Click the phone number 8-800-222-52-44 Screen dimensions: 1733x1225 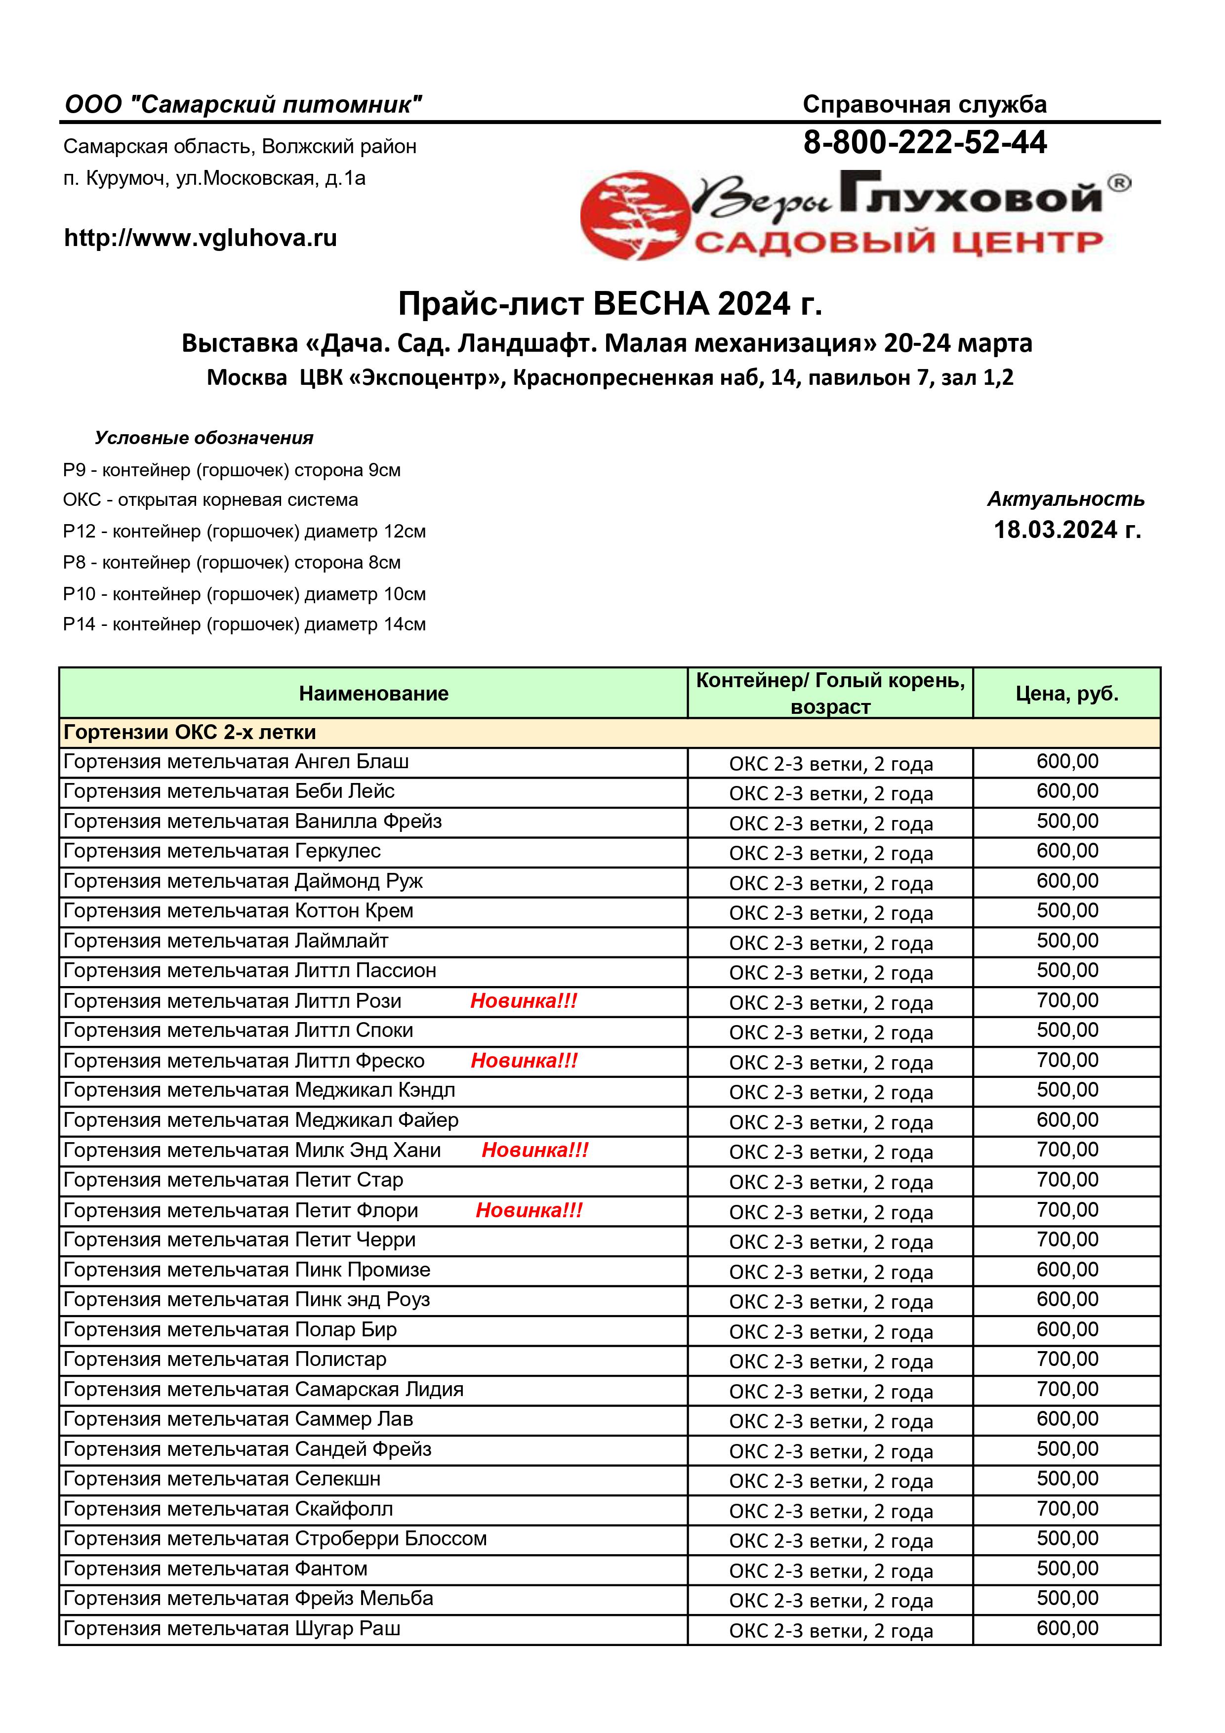pos(925,143)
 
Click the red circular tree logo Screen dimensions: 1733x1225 pos(635,215)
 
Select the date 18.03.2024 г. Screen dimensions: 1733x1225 pos(1066,530)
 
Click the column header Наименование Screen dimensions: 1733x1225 pos(373,694)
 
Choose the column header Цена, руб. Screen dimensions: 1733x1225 pos(1066,694)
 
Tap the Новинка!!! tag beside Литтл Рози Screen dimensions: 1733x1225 pos(524,1001)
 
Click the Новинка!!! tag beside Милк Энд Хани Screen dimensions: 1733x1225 pos(535,1150)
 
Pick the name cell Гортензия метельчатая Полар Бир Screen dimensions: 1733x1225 pos(230,1330)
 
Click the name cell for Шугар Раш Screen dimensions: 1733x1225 pos(232,1629)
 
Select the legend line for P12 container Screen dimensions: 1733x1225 pos(244,532)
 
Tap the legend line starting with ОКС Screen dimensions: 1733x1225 pos(210,499)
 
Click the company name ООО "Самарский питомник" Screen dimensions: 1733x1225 pos(243,104)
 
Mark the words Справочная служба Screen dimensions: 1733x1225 pos(925,104)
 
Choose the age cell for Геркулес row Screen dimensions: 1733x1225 pos(830,853)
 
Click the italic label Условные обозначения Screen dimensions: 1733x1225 pos(204,438)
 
